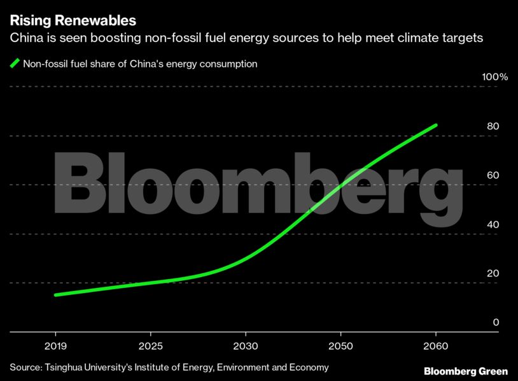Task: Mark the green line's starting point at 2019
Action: pos(56,295)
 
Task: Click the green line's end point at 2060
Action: pos(435,125)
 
